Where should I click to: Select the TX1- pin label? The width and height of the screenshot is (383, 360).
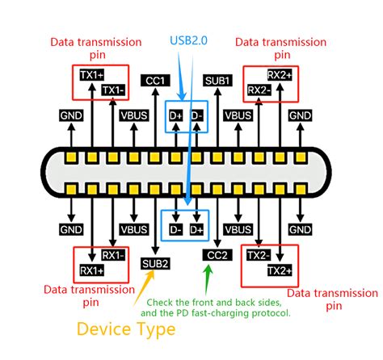[114, 90]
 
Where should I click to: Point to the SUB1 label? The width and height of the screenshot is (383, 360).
[217, 81]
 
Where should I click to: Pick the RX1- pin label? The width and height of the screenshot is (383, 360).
[113, 255]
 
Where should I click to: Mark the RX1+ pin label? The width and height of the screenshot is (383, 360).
[90, 269]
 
